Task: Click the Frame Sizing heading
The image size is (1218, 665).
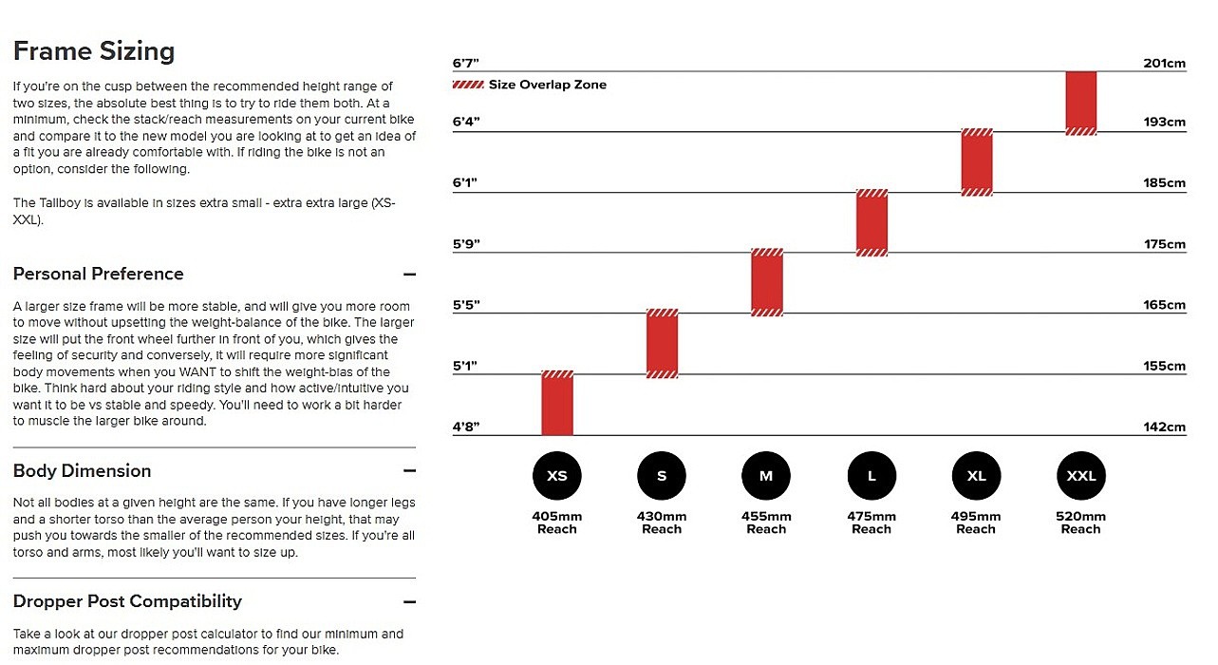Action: [x=94, y=51]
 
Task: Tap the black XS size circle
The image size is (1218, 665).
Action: [x=557, y=476]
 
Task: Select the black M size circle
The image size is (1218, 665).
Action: [x=766, y=476]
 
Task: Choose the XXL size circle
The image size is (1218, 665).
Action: [x=1080, y=476]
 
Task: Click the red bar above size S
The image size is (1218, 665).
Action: [x=662, y=343]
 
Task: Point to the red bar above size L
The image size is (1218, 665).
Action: [x=871, y=222]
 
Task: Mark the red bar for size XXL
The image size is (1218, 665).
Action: [x=1080, y=103]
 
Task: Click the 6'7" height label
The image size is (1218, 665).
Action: [x=466, y=64]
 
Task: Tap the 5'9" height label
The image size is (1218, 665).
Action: [x=466, y=244]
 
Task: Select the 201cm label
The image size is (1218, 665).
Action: [x=1164, y=64]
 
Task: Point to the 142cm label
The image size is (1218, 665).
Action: [x=1164, y=427]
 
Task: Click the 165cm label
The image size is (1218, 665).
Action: [x=1164, y=306]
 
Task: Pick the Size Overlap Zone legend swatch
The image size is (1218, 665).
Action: [x=468, y=85]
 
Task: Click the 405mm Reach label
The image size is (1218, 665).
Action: [x=557, y=522]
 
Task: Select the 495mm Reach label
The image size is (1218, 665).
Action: [x=976, y=522]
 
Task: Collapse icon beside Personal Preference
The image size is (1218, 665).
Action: [x=409, y=275]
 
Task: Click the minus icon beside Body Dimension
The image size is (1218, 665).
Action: [x=409, y=471]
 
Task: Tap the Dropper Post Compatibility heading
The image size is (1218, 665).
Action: [x=127, y=601]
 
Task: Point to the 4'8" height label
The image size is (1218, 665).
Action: [x=466, y=427]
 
